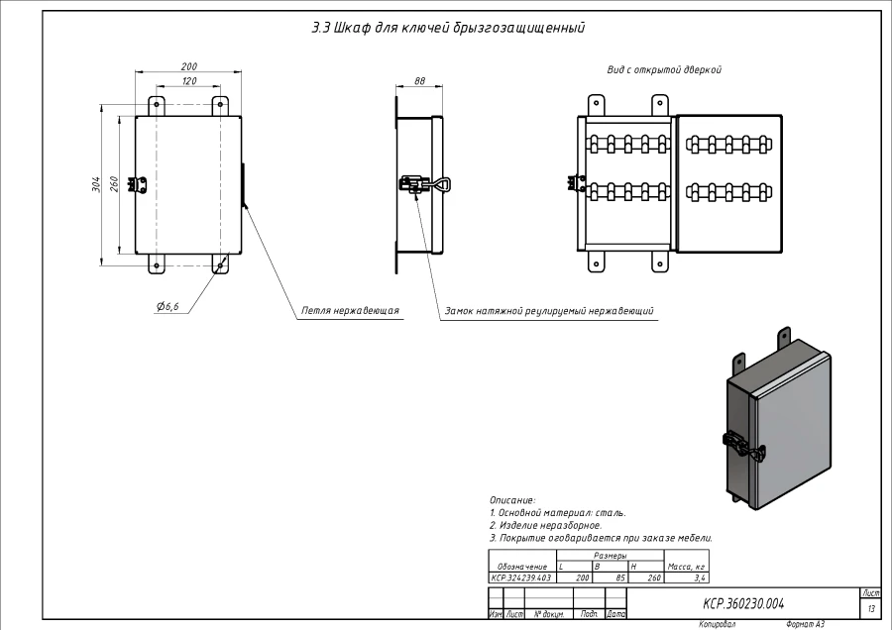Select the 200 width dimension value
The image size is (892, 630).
[188, 66]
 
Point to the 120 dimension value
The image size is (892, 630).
[188, 81]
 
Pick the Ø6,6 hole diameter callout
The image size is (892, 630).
[167, 307]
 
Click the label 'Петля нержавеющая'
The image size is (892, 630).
[350, 310]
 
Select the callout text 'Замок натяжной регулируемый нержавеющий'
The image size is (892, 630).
[549, 311]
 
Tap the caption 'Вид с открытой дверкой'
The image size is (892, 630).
[664, 70]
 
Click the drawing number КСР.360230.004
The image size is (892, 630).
[742, 602]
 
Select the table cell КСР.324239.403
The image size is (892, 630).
[521, 577]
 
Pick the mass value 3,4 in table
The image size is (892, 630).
[699, 577]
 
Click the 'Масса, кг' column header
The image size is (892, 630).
[686, 567]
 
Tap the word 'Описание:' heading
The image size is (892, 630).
[512, 500]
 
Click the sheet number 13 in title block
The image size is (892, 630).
[871, 607]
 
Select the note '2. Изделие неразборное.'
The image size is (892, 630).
[545, 525]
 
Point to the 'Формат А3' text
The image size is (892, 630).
[805, 625]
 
